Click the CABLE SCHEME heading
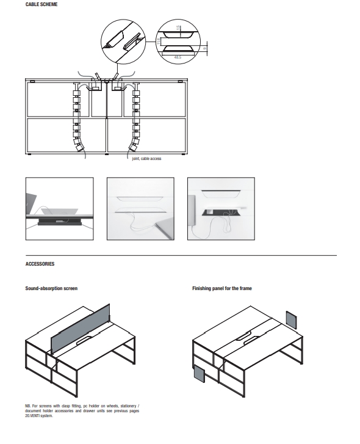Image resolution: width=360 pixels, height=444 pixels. click(41, 4)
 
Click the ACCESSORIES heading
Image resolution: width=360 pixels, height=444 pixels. click(40, 264)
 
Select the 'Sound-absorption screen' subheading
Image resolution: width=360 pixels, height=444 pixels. click(51, 288)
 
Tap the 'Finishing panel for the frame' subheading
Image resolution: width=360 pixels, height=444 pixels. click(222, 288)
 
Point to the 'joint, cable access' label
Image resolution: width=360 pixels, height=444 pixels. click(146, 159)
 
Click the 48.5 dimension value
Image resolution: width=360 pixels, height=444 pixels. click(178, 57)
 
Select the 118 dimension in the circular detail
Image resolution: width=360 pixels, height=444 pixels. click(159, 41)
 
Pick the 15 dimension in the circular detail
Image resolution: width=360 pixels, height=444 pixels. click(178, 27)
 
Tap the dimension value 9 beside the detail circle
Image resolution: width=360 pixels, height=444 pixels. click(205, 48)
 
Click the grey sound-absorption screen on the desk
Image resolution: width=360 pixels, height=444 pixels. click(81, 329)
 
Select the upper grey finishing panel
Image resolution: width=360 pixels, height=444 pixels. click(291, 319)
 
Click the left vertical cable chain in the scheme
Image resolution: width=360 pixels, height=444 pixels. click(77, 119)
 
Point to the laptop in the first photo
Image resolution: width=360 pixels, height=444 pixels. click(31, 204)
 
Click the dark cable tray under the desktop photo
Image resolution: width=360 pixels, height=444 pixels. click(60, 222)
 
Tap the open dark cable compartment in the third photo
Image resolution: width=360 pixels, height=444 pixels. click(221, 212)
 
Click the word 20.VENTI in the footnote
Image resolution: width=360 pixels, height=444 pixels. click(32, 416)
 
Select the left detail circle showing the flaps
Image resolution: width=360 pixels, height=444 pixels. click(123, 42)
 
